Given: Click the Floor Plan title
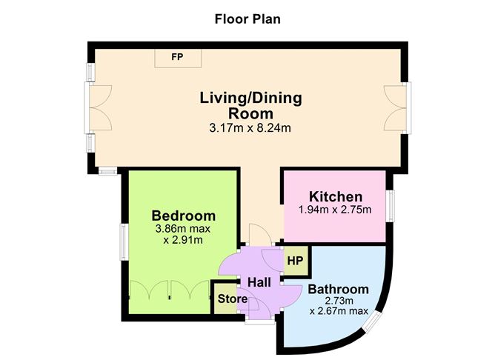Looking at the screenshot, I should tap(247, 18).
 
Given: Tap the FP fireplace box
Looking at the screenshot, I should tap(176, 57).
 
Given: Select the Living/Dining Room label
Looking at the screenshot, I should tap(250, 106).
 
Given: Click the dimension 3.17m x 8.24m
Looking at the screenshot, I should tap(250, 128).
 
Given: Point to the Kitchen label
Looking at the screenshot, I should tap(336, 196).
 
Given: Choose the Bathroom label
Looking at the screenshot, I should tap(338, 289).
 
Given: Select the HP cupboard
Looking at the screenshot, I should tap(295, 261).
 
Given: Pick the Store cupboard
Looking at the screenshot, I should tap(232, 299).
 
